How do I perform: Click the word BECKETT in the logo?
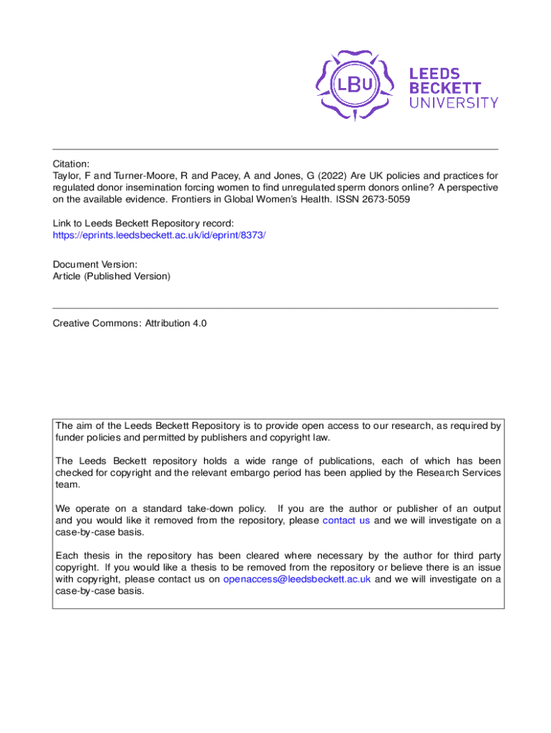coord(444,87)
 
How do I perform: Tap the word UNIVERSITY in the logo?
coord(454,102)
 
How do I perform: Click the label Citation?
coord(71,163)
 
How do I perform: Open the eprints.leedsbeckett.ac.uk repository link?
coord(159,234)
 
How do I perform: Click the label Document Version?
coord(90,264)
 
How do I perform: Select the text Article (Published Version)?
coord(112,276)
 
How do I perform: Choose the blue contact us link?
coord(346,520)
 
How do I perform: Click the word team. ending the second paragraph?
coord(67,485)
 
